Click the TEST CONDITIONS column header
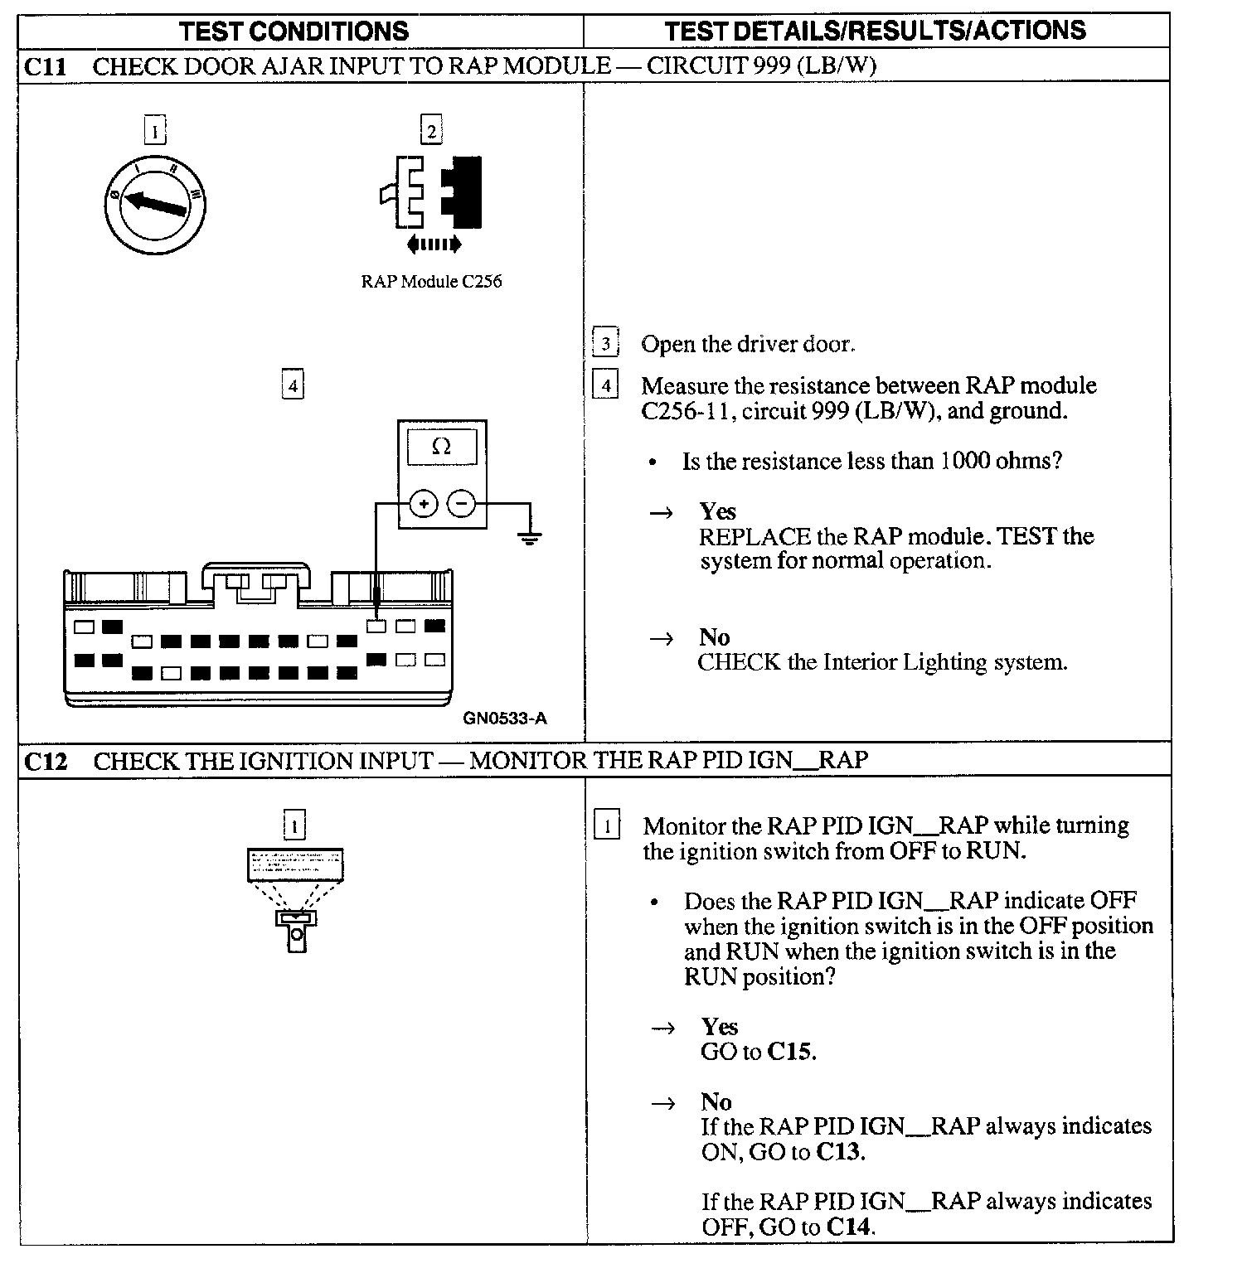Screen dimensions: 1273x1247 pos(294,31)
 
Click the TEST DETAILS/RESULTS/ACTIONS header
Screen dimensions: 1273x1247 pos(875,31)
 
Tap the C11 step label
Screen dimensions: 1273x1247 pos(46,66)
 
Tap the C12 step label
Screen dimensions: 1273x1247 pos(46,761)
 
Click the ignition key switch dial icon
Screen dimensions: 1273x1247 pos(156,203)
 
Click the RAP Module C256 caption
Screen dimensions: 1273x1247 pos(431,281)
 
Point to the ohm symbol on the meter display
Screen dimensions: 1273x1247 pos(441,448)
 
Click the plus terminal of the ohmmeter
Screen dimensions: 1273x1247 pos(424,503)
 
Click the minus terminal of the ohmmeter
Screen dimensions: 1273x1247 pos(462,503)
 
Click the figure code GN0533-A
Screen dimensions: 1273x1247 pos(504,719)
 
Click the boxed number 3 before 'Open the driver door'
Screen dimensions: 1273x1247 pos(606,343)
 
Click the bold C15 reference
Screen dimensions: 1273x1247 pos(791,1052)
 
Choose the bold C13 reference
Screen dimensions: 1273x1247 pos(840,1151)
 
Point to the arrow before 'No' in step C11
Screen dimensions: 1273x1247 pos(661,638)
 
